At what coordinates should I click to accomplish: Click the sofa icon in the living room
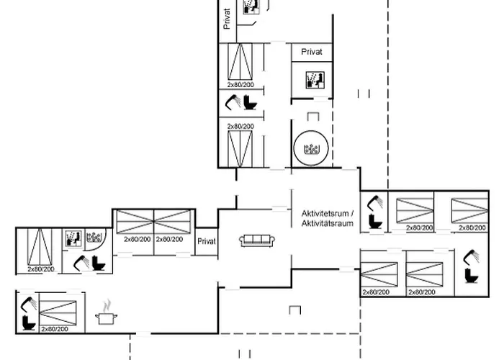tap(253, 240)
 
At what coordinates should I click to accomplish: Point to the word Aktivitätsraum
tap(328, 224)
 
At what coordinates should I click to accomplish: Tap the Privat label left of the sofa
tap(207, 242)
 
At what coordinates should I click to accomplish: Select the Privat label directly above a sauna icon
tap(312, 53)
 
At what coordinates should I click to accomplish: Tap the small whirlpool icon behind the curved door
tap(93, 238)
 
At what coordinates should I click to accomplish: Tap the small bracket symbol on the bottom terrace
tap(294, 310)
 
